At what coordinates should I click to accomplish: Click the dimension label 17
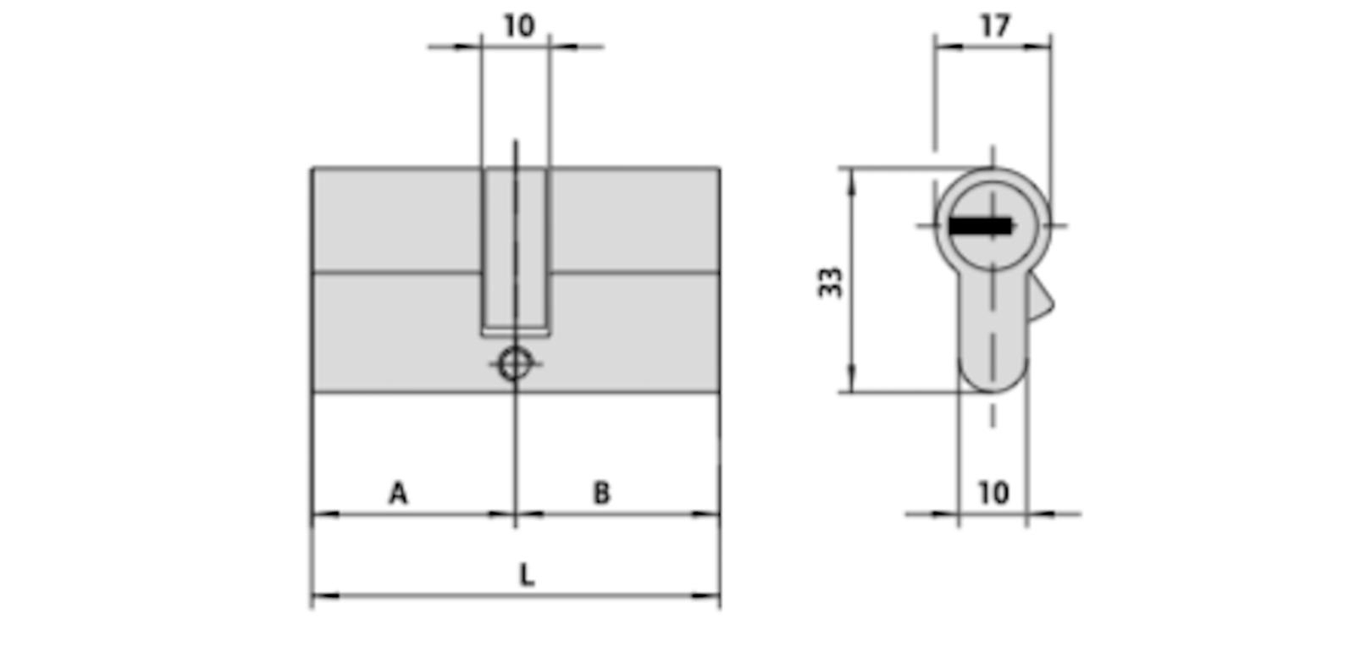[995, 25]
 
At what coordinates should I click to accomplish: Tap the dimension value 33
[831, 282]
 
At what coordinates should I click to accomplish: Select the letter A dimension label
[398, 492]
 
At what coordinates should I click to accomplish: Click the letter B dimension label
[601, 492]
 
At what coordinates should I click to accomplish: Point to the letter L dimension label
[527, 575]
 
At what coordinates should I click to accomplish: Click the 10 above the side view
[518, 25]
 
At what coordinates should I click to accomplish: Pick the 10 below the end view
[993, 492]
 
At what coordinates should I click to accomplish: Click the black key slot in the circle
[980, 226]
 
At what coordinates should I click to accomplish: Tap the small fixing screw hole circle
[514, 364]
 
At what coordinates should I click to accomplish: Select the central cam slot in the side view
[515, 250]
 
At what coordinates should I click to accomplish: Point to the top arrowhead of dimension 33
[851, 178]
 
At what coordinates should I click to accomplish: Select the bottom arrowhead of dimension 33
[851, 383]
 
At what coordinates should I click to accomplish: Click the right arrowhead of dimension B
[710, 514]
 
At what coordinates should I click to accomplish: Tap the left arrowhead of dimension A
[322, 514]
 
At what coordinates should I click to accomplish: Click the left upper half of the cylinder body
[394, 220]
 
